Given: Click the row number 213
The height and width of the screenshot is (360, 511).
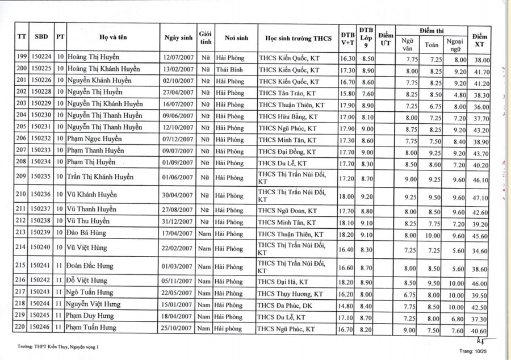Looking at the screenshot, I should click(22, 232).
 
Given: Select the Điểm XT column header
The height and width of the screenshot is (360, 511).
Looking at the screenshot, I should click(480, 37).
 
